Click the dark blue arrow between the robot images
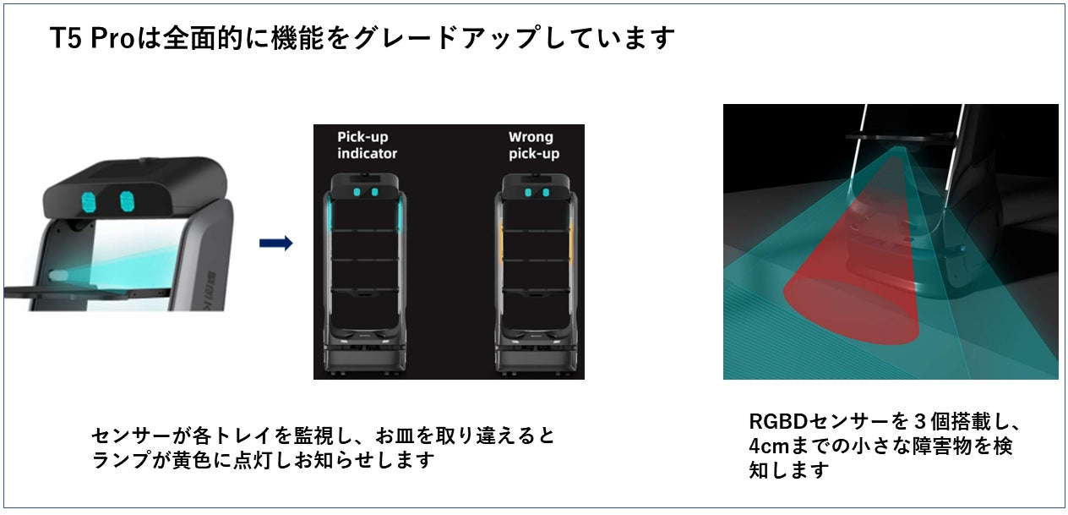coord(275,244)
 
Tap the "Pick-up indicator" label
coord(367,145)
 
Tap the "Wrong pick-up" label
coord(533,145)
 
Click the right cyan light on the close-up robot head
coord(128,201)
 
